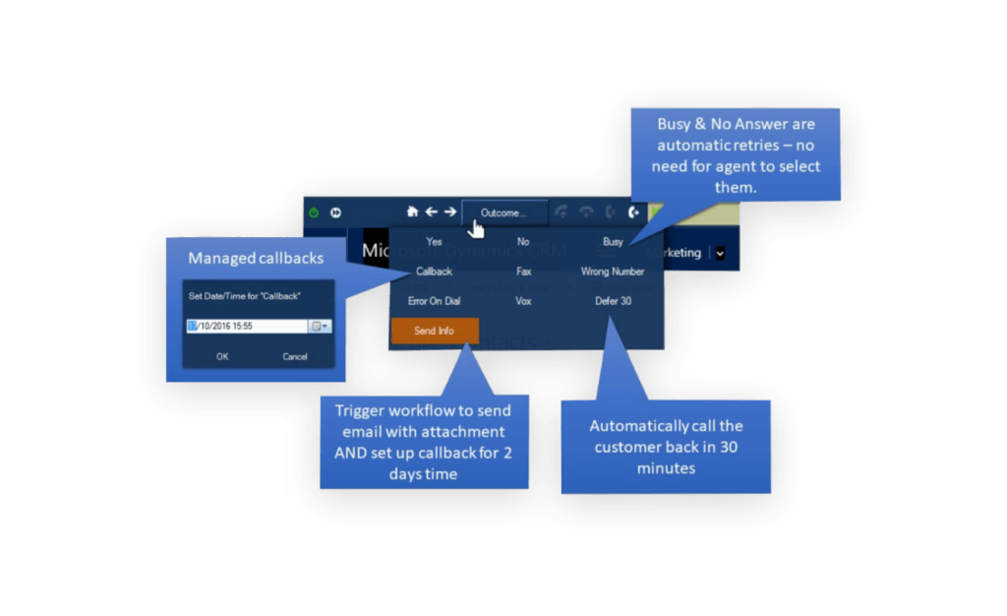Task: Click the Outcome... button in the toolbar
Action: tap(503, 213)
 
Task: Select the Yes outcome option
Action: tap(434, 242)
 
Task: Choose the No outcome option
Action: tap(523, 242)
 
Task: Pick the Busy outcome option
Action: tap(613, 242)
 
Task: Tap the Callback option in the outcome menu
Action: tap(434, 272)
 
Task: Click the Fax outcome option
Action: tap(523, 272)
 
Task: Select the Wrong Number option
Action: tap(613, 272)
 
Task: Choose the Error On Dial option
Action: tap(434, 301)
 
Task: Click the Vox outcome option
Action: tap(523, 301)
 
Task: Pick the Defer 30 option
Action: tap(613, 301)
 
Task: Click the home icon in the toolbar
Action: tap(413, 212)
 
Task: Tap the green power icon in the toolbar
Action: tap(314, 213)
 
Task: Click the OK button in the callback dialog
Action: tap(222, 356)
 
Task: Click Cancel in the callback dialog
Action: tap(295, 356)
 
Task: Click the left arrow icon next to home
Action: tap(431, 212)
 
